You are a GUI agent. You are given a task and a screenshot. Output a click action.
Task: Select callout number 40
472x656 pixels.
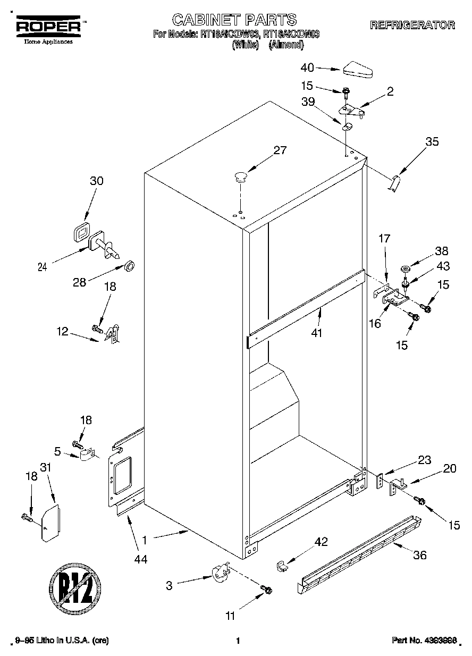tap(307, 68)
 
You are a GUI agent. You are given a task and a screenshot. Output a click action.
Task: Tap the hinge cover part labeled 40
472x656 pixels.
tap(359, 69)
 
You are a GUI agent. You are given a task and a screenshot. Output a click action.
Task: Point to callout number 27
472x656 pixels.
tap(280, 150)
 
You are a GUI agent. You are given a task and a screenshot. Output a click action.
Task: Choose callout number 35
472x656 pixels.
tap(432, 141)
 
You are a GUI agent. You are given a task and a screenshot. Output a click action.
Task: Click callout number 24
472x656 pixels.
tap(43, 267)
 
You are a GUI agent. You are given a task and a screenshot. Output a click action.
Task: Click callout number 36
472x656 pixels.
tap(419, 555)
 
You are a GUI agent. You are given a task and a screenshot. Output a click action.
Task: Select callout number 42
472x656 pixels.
tap(321, 542)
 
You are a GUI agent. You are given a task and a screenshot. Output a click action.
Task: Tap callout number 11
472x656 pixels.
tap(230, 616)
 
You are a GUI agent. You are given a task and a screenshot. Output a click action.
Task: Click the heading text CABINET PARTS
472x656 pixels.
tap(234, 20)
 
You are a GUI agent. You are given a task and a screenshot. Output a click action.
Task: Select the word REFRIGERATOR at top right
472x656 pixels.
tap(412, 25)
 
